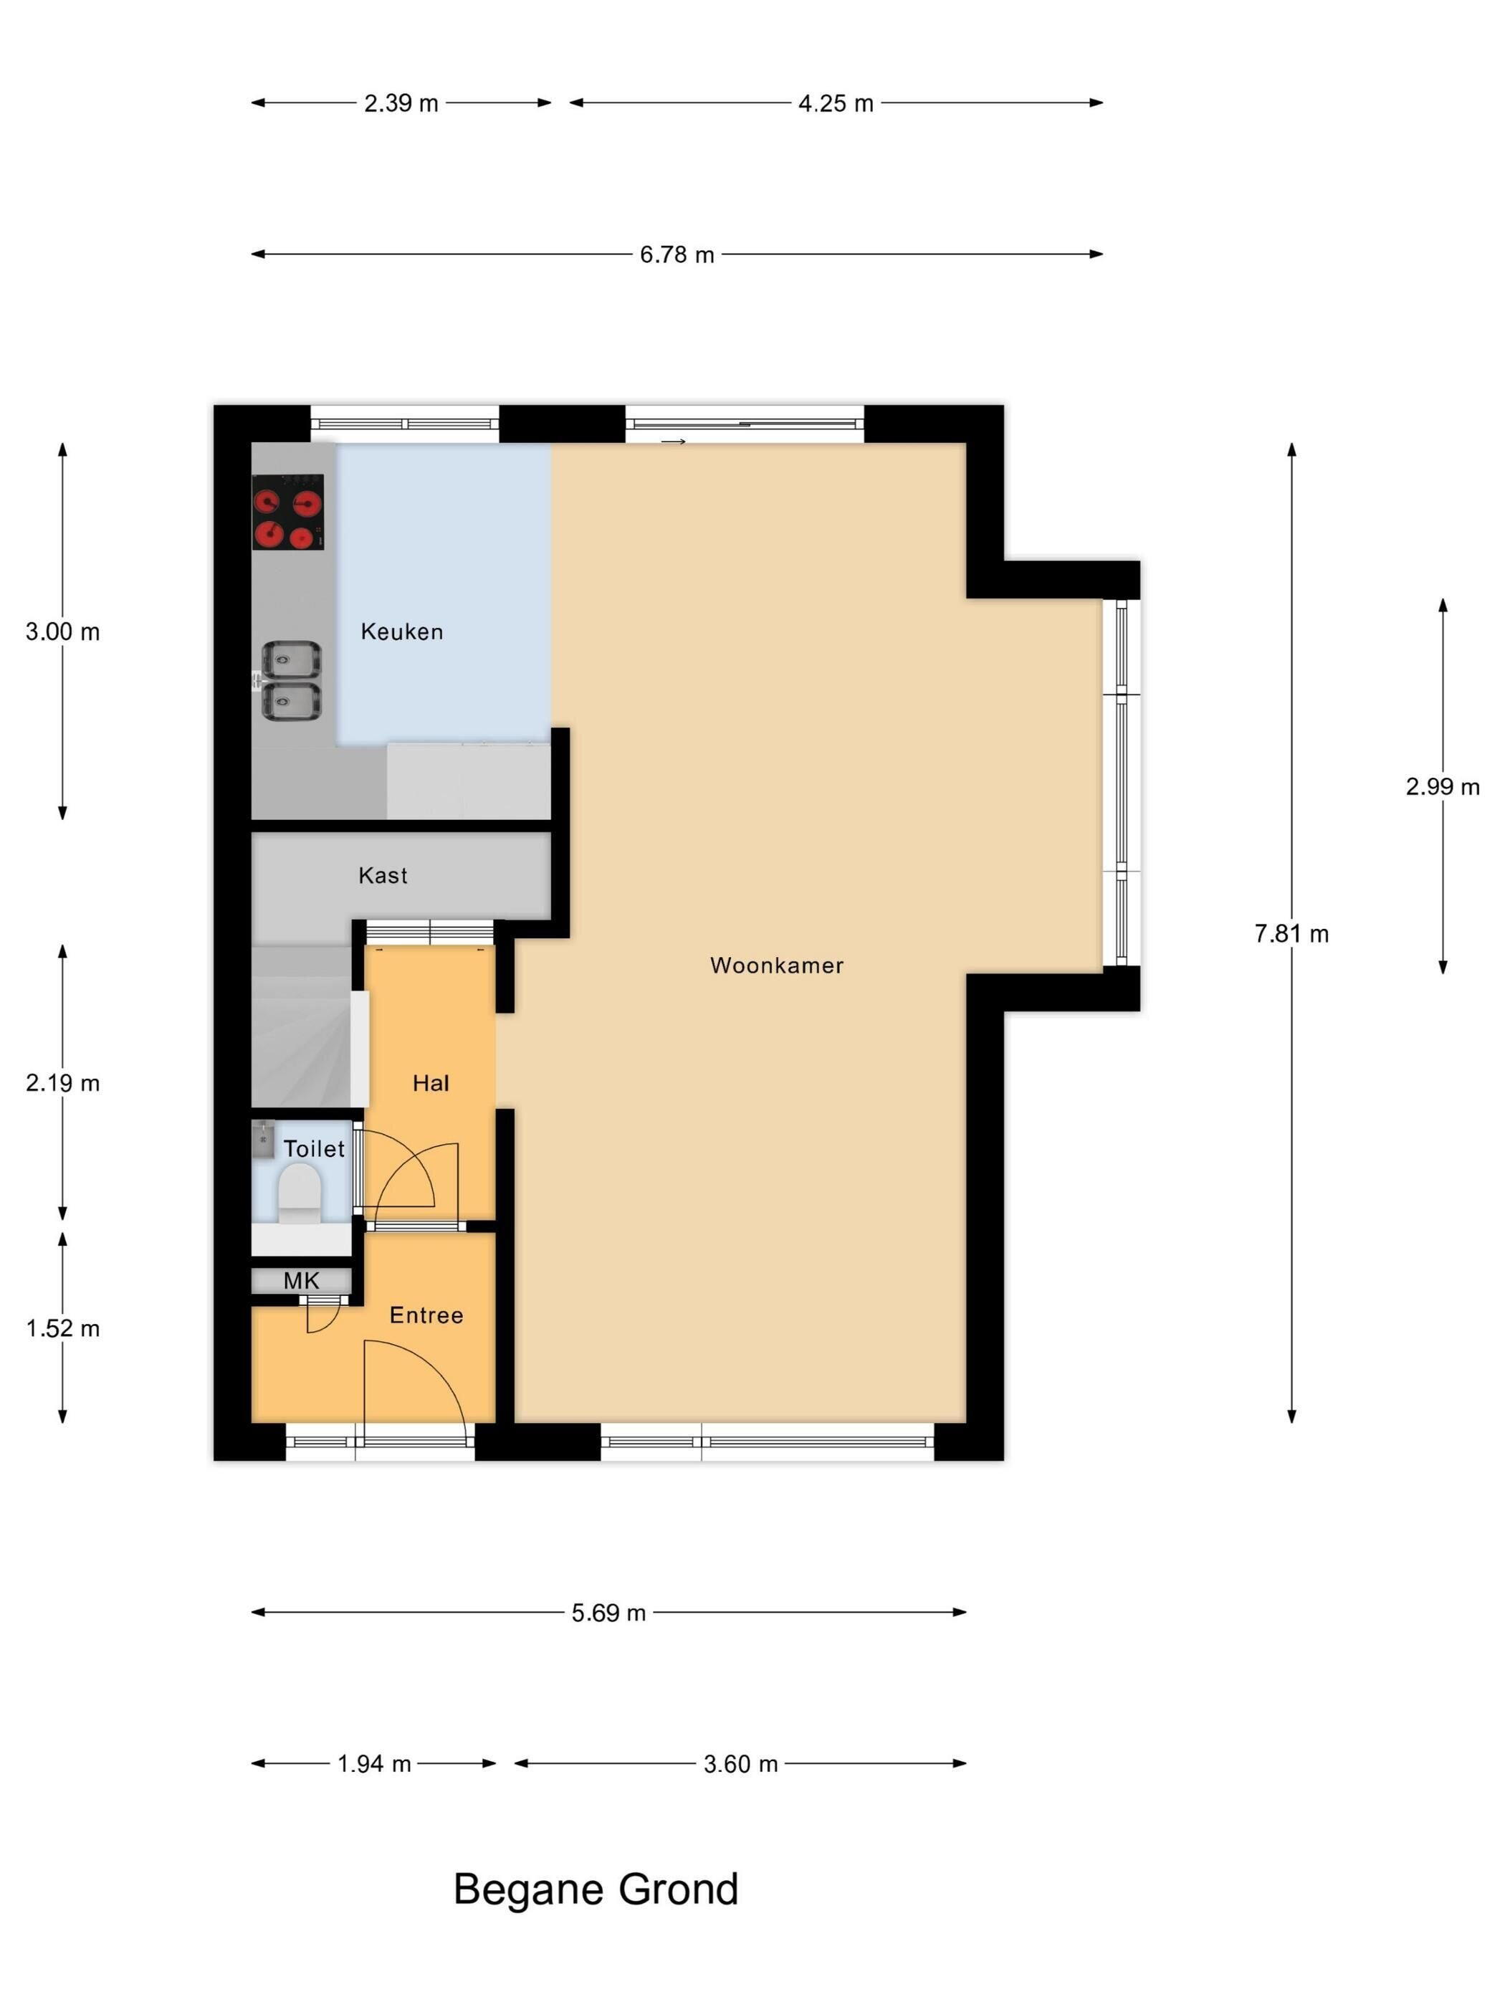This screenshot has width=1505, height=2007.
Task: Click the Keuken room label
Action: click(x=402, y=631)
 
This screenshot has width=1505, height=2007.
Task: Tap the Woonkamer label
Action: click(x=777, y=966)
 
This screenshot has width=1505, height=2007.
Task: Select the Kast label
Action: click(x=383, y=876)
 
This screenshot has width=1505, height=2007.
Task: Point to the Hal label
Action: click(x=431, y=1082)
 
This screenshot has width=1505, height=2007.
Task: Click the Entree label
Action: click(x=426, y=1315)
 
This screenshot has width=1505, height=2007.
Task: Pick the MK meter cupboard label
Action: click(x=301, y=1280)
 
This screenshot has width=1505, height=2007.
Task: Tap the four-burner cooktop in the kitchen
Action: click(x=287, y=512)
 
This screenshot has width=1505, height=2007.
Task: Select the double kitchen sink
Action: click(x=291, y=682)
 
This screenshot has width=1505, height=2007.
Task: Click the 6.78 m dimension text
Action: click(x=677, y=255)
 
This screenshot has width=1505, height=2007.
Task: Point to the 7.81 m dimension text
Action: click(x=1291, y=934)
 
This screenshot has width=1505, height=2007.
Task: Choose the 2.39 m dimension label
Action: click(x=401, y=103)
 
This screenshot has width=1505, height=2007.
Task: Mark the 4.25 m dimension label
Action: click(x=836, y=103)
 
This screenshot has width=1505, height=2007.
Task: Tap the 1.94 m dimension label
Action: click(x=375, y=1764)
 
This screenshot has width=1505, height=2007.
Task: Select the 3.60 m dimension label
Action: click(x=741, y=1764)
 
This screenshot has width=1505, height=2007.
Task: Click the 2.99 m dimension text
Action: click(x=1443, y=788)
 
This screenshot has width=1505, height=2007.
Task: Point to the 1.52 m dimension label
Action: click(x=62, y=1329)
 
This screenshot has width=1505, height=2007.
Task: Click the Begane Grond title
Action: click(x=596, y=1890)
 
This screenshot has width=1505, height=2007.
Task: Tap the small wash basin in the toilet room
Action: click(x=263, y=1140)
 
